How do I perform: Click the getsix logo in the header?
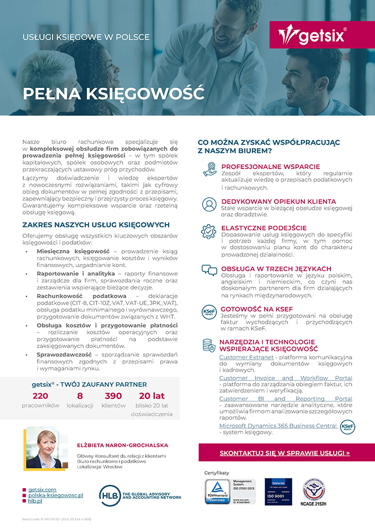[x=312, y=36]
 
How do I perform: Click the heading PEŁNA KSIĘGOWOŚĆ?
[x=113, y=93]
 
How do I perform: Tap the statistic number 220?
[x=40, y=396]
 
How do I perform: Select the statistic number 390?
[x=113, y=396]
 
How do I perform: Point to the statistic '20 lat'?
[x=152, y=396]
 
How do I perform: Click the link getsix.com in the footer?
[x=42, y=489]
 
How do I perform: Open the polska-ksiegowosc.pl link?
[x=56, y=495]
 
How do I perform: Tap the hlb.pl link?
[x=35, y=501]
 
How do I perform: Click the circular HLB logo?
[x=109, y=496]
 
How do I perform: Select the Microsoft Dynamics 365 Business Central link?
[x=278, y=426]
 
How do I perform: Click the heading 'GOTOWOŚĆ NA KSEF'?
[x=256, y=308]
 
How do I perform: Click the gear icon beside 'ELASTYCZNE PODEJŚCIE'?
[x=209, y=232]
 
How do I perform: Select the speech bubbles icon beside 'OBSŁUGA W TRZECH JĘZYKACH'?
[x=209, y=271]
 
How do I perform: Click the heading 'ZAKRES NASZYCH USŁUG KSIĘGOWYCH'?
[x=96, y=225]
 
